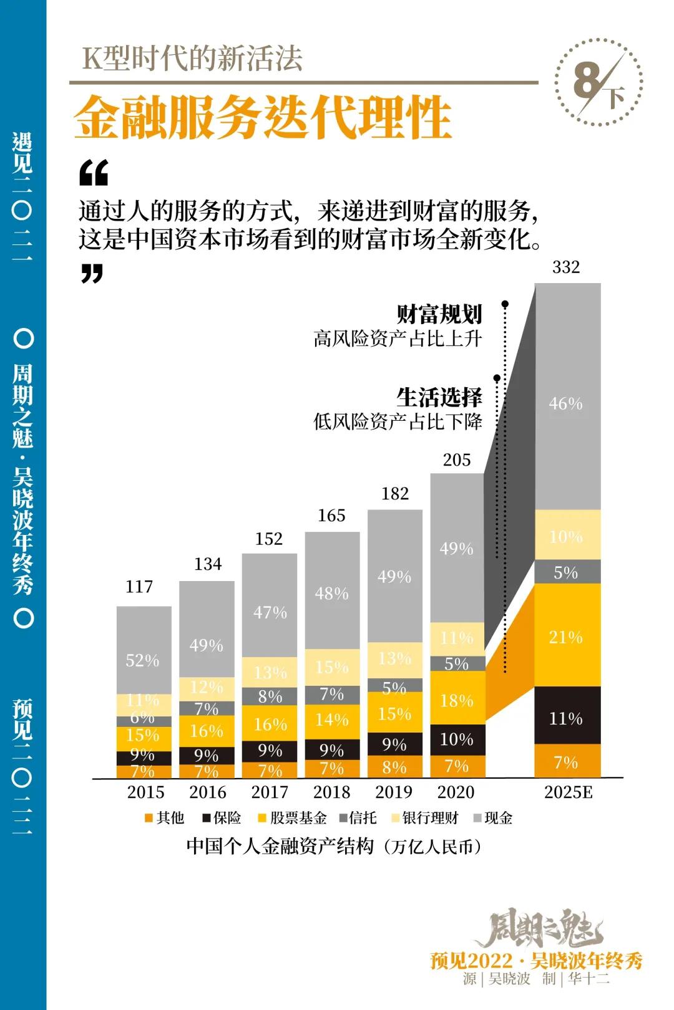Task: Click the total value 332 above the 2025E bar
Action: pos(566,267)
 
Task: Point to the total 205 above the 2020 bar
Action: pos(457,460)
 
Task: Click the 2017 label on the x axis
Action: pos(270,792)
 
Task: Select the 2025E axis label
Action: pos(568,792)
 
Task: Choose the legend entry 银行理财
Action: pos(424,818)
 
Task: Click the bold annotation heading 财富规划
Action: pos(439,314)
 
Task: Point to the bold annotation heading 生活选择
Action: pos(439,397)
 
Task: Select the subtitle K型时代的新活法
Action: pos(193,59)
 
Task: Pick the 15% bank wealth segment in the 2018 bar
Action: pos(332,666)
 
